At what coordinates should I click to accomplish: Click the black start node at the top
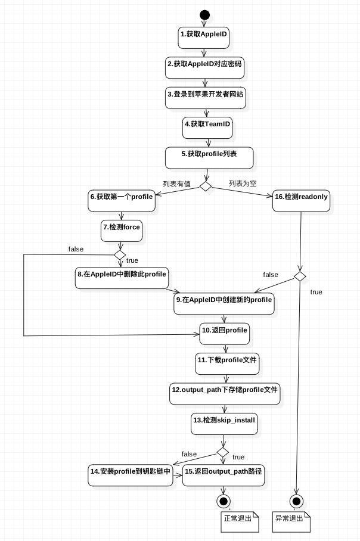click(205, 15)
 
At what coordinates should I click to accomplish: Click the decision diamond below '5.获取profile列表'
click(206, 186)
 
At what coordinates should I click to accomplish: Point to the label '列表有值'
click(177, 184)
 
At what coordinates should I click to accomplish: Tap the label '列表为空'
click(243, 184)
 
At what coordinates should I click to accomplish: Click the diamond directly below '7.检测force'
click(120, 255)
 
